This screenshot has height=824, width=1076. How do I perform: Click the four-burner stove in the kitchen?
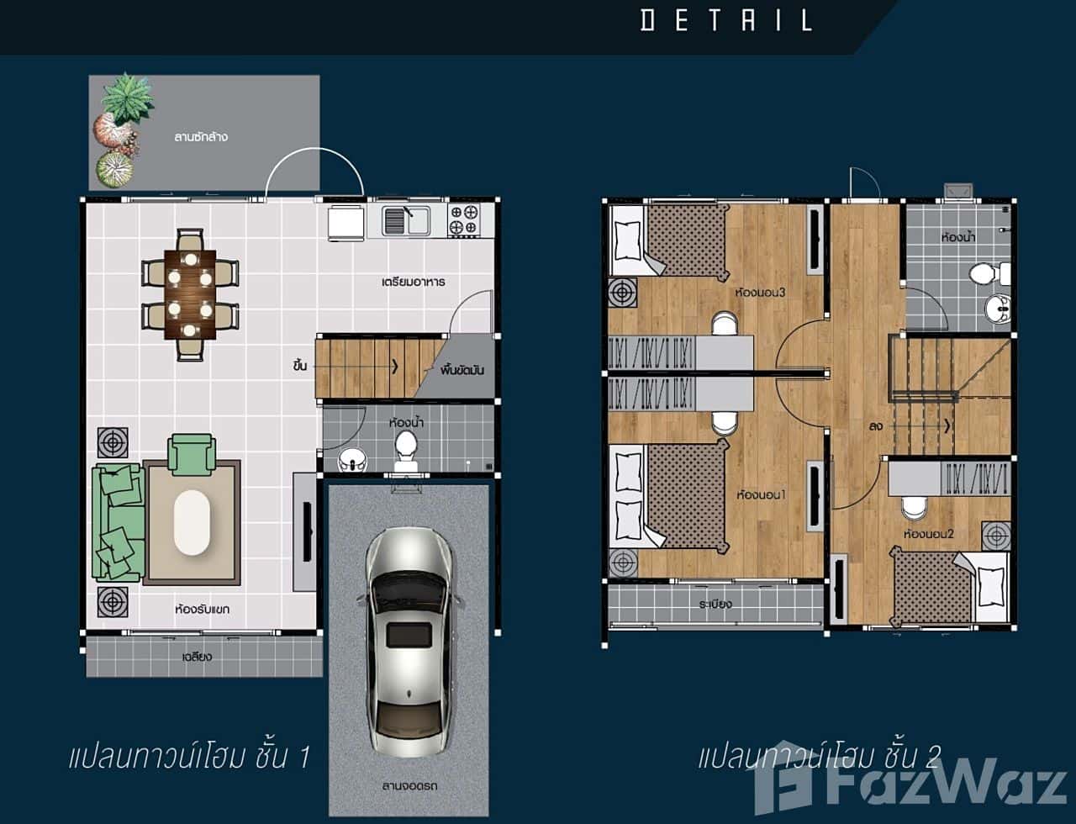465,220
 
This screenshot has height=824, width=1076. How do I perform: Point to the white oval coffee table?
192,521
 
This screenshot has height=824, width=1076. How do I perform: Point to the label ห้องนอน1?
760,494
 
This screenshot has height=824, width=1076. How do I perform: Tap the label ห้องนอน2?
928,533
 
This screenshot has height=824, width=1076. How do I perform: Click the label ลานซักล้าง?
202,136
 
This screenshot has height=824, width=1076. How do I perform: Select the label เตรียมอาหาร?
412,281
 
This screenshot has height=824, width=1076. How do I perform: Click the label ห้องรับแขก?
202,608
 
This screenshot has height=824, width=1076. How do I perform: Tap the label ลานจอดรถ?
408,786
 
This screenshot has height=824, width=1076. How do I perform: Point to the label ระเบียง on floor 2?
715,604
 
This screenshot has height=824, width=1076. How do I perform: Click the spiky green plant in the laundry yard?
128,97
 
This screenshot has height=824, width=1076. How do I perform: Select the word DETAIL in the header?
726,19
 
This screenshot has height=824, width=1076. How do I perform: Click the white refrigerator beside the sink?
343,222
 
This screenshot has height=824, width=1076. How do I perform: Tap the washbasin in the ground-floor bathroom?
351,459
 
